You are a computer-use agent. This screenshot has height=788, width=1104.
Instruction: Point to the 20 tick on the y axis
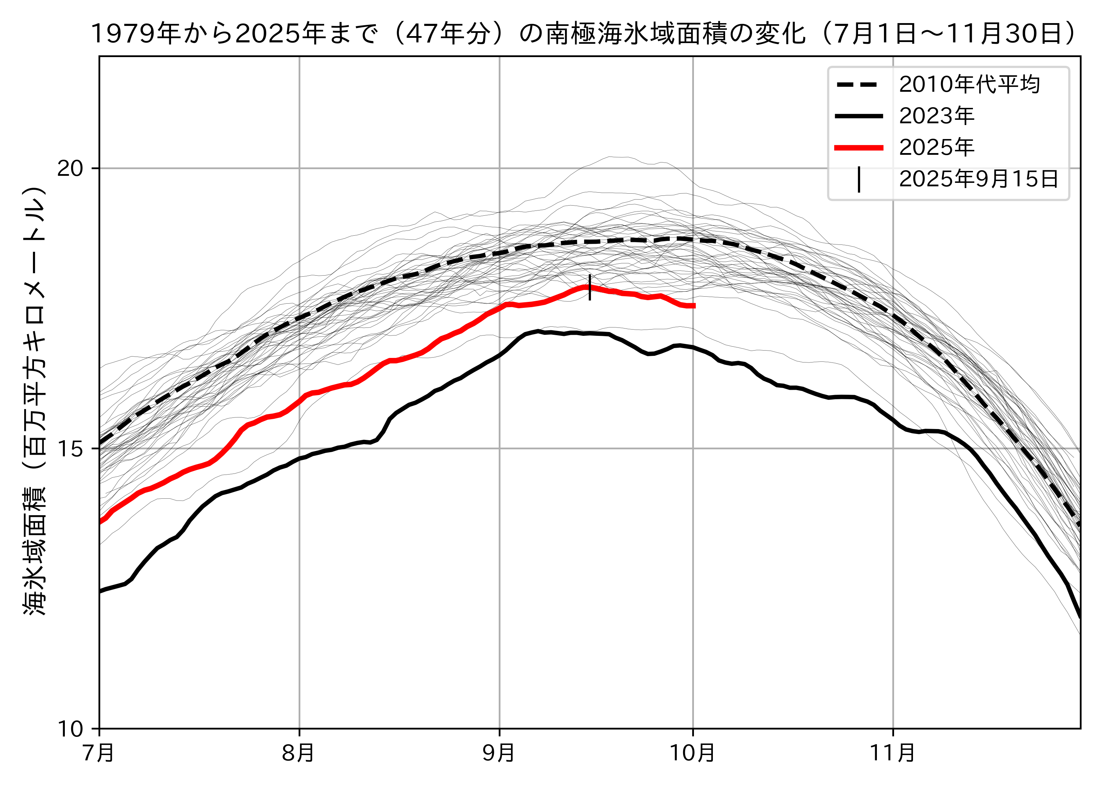pyautogui.click(x=71, y=169)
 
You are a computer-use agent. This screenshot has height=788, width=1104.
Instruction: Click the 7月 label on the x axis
pyautogui.click(x=100, y=753)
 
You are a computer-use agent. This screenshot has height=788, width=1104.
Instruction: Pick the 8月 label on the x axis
pyautogui.click(x=299, y=753)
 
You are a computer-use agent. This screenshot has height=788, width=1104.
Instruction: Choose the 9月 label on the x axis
pyautogui.click(x=499, y=753)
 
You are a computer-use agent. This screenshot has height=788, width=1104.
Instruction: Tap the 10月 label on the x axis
pyautogui.click(x=693, y=753)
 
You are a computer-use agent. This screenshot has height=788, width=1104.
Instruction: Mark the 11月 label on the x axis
pyautogui.click(x=893, y=753)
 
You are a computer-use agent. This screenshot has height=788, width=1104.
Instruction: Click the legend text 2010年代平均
pyautogui.click(x=969, y=84)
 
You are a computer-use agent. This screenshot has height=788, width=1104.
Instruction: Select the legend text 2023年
pyautogui.click(x=936, y=116)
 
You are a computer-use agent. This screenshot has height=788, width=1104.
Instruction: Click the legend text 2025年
pyautogui.click(x=936, y=147)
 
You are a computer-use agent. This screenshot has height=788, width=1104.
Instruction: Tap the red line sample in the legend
pyautogui.click(x=858, y=147)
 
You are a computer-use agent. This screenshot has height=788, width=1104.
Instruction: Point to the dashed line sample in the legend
pyautogui.click(x=858, y=84)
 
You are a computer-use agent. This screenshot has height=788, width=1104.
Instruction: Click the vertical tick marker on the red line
pyautogui.click(x=590, y=287)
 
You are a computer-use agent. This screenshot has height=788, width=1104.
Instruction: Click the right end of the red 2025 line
pyautogui.click(x=694, y=306)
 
